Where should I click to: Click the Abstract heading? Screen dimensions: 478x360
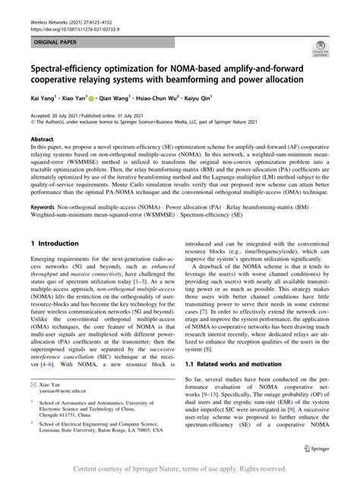[42, 140]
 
